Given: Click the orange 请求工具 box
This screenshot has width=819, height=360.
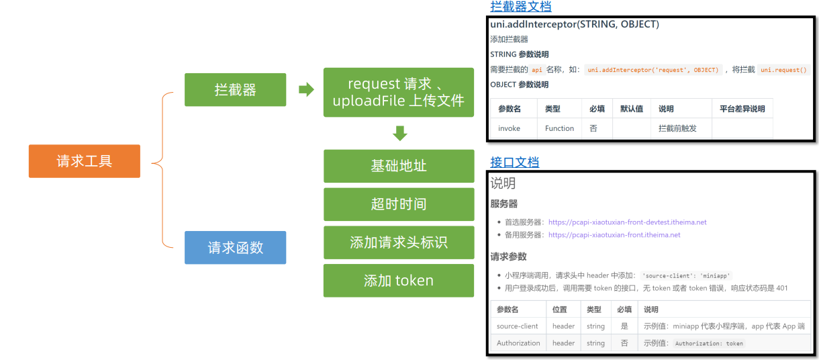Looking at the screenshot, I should point(84,161).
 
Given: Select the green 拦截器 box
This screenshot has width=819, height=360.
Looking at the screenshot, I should point(235,89).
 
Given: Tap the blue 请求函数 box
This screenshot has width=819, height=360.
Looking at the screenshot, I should point(235,247).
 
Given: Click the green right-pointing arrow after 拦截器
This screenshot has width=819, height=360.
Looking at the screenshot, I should point(306,89).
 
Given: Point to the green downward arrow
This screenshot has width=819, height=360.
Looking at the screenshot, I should point(399,133).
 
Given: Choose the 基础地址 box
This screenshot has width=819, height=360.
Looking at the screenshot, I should point(399,166).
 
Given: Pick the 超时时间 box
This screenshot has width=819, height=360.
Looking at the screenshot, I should point(399,204).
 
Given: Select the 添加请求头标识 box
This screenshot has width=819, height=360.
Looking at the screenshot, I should point(399,242).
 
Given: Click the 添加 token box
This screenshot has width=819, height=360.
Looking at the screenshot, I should point(399,281).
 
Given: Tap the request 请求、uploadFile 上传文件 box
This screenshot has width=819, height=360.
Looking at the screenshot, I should point(399,93).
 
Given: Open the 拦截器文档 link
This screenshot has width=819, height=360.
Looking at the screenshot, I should point(521,7).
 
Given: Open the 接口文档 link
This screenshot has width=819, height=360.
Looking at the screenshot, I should point(514,162).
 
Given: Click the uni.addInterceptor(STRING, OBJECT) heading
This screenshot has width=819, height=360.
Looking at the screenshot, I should point(575,25).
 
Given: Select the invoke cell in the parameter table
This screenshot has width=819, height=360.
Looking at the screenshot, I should point(509,128).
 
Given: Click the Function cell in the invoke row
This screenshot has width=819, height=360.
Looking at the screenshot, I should point(559,128).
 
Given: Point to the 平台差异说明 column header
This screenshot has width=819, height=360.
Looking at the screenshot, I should point(742,109).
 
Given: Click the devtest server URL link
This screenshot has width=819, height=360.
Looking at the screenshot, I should point(627,222).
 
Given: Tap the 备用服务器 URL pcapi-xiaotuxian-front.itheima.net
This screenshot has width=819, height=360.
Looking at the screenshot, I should point(614,235).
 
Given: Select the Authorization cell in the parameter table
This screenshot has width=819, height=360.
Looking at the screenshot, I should point(518,343).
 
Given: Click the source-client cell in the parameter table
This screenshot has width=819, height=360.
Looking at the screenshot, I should point(518,326).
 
